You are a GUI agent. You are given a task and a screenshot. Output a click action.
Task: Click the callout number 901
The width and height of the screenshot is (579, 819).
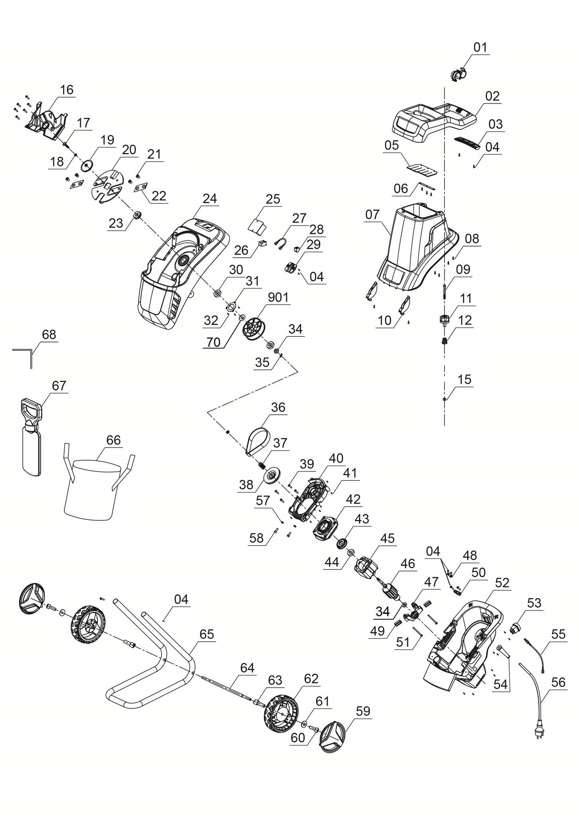(278, 298)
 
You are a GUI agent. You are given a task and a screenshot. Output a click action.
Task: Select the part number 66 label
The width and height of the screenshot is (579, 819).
(113, 440)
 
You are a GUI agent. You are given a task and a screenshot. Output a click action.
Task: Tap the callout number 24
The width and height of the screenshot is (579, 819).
(209, 199)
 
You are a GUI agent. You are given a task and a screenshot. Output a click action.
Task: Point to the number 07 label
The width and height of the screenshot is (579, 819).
(372, 215)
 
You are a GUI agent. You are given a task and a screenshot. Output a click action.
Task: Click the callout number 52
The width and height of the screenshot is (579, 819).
(502, 583)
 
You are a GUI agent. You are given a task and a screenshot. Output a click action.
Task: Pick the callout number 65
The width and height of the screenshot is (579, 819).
(206, 634)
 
